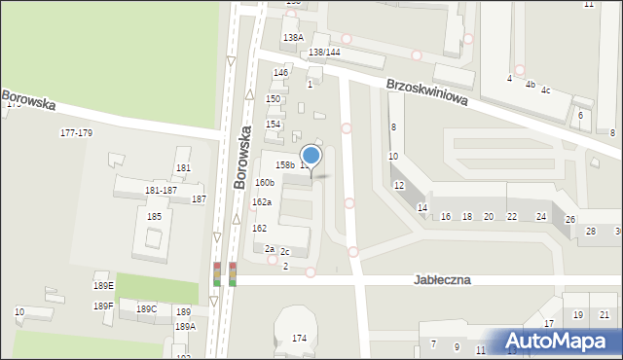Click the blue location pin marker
tap(311, 156)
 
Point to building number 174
tap(299, 338)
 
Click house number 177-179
tap(76, 132)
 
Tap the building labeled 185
tap(154, 216)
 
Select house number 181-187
tap(161, 190)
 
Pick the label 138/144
tap(324, 52)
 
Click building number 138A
tap(293, 37)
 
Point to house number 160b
tap(265, 182)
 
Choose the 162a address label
tap(262, 202)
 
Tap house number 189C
tap(146, 308)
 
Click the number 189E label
tap(103, 285)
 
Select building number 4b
tap(531, 85)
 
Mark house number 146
tap(280, 73)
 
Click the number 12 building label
tap(399, 185)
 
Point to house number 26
tap(570, 219)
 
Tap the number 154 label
tap(274, 124)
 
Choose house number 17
tap(549, 323)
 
